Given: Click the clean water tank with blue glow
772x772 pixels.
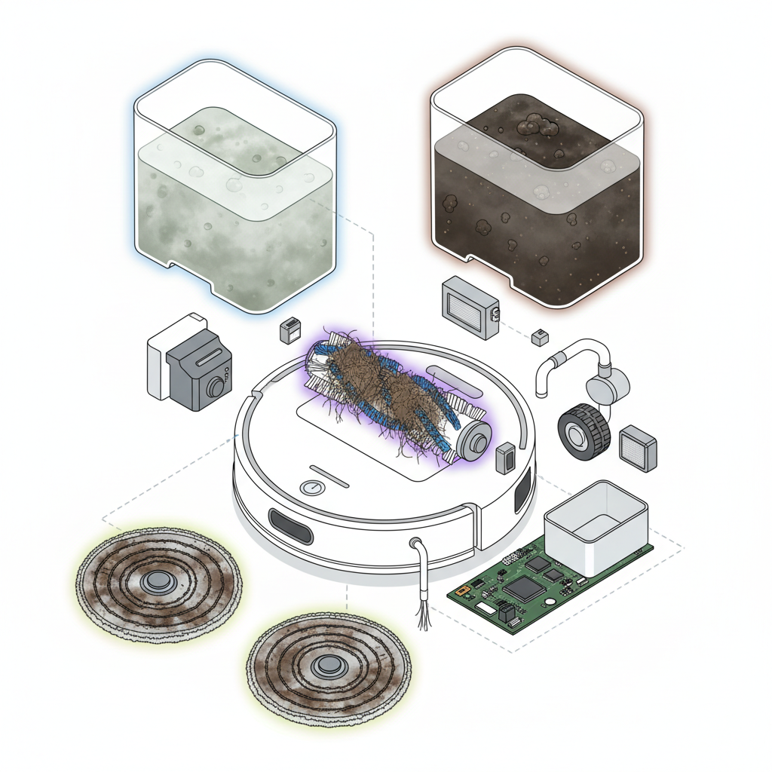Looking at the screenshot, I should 234,188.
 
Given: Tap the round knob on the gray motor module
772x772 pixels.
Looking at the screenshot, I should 216,388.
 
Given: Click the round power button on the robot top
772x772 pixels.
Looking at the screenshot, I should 311,488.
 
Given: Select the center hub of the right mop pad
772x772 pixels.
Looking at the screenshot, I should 328,665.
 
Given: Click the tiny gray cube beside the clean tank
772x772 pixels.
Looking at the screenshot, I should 289,329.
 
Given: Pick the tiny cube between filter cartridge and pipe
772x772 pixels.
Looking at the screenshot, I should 540,337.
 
